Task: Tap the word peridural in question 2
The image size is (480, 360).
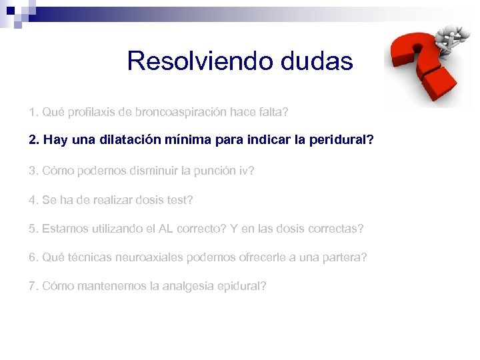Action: tap(338, 141)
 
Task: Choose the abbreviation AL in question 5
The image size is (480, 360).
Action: tap(167, 229)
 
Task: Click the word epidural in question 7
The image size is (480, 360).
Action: tap(242, 286)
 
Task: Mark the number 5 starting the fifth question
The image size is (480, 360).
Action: tap(32, 229)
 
